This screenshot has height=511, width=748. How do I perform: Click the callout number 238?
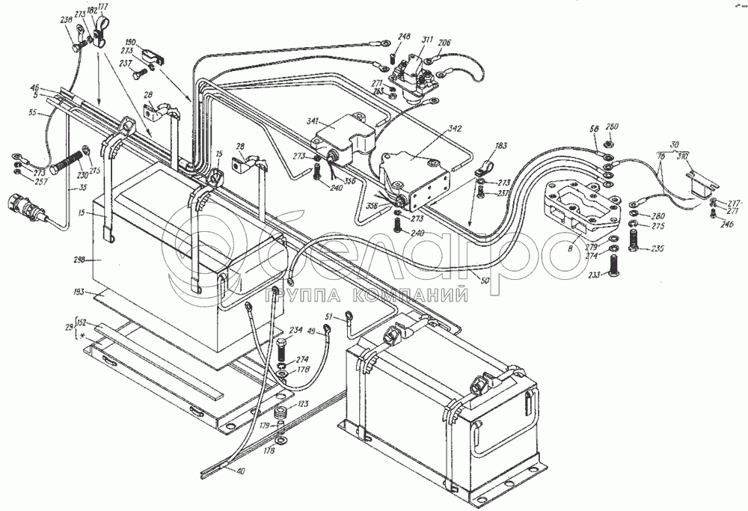[x=66, y=22]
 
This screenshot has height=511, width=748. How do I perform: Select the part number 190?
[x=150, y=43]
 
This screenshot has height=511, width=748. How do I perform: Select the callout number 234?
[x=296, y=329]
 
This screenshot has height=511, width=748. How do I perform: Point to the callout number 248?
[x=404, y=36]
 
